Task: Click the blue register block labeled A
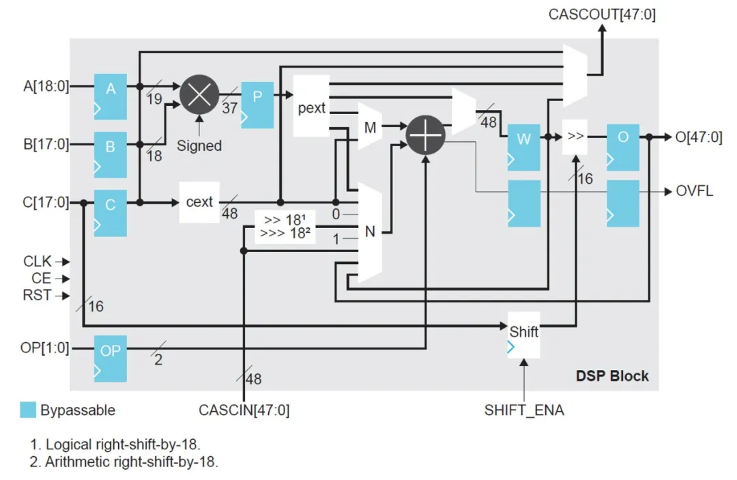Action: [x=110, y=96]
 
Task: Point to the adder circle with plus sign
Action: [x=425, y=134]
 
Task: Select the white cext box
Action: [x=199, y=202]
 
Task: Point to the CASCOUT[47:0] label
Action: [x=602, y=14]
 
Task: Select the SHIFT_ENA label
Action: [x=524, y=410]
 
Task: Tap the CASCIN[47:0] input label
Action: [x=244, y=410]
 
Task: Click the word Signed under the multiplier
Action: [x=199, y=145]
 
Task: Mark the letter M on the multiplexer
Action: [x=369, y=127]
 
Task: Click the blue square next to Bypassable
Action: [x=27, y=410]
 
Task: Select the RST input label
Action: [x=37, y=296]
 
